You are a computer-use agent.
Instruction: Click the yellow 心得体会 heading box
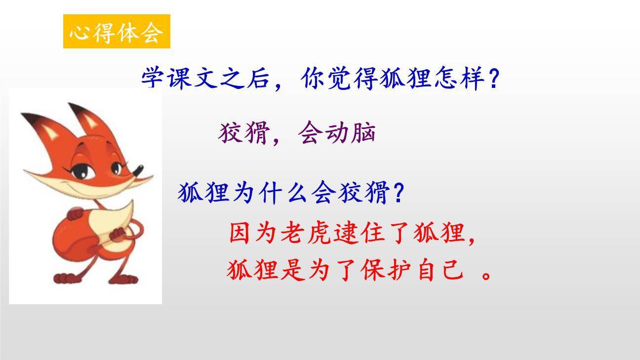[x=117, y=32]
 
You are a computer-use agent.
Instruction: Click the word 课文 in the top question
[x=193, y=79]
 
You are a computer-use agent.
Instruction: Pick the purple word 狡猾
[x=243, y=133]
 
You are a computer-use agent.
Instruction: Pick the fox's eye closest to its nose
[x=116, y=168]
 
